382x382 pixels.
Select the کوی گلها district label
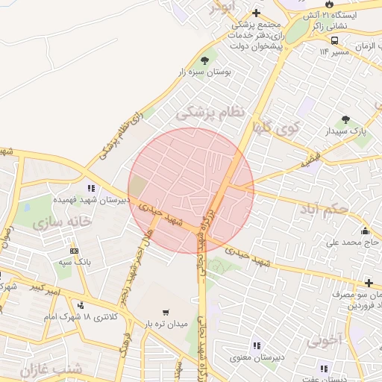point(275,127)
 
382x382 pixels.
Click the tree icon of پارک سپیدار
point(345,119)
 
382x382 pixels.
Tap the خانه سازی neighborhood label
point(62,222)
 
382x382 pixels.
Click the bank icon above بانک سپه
point(74,251)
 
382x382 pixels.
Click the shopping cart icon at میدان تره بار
point(166,313)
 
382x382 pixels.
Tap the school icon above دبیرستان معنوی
point(256,345)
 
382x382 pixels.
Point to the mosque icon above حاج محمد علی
point(364,231)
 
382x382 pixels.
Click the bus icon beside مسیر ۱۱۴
point(335,40)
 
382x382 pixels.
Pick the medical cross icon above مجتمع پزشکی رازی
point(256,13)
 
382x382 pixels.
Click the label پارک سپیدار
point(352,131)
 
